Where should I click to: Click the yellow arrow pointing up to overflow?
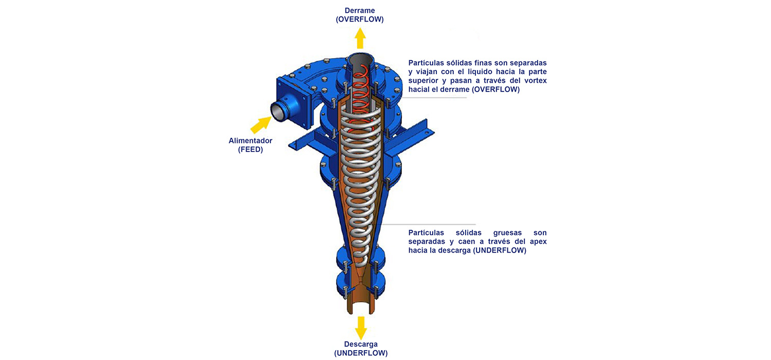click(x=360, y=38)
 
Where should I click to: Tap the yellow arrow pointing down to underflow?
click(x=361, y=328)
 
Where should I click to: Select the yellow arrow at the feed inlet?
click(x=261, y=124)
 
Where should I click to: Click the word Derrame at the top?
click(x=360, y=11)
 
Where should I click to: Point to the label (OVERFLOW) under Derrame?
click(x=360, y=20)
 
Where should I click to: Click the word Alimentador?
click(x=250, y=140)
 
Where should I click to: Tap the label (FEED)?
click(x=251, y=150)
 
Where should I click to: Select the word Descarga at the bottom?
click(x=361, y=344)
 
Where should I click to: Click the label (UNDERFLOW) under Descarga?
click(x=361, y=353)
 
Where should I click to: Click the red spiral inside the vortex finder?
click(x=360, y=97)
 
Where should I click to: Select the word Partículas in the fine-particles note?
click(x=426, y=63)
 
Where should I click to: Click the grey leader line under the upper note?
click(x=434, y=98)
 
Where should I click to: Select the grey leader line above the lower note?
click(x=428, y=224)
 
